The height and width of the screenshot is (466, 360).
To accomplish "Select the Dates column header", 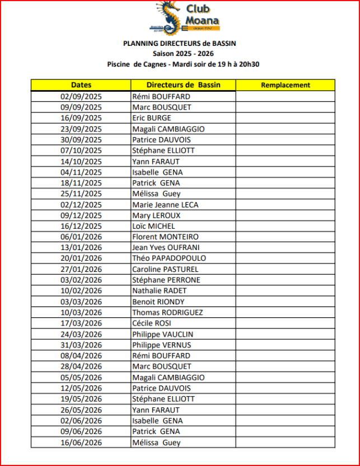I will (x=81, y=85).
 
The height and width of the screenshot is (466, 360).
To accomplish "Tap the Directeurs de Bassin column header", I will (x=183, y=85).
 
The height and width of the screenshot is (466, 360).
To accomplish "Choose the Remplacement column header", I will (x=285, y=85).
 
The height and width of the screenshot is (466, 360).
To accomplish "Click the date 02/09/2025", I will (x=81, y=96).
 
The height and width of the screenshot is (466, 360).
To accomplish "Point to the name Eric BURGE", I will (x=152, y=118).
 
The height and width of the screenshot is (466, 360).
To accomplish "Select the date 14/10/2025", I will (x=81, y=161).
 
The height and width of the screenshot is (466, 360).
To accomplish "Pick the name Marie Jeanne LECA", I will (x=165, y=205).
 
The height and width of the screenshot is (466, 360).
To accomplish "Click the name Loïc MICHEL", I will (x=153, y=226).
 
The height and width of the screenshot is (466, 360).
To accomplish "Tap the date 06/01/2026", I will (x=81, y=237).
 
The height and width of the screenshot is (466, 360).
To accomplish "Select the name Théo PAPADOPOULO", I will (x=169, y=258).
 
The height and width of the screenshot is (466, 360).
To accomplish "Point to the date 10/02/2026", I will (x=81, y=291).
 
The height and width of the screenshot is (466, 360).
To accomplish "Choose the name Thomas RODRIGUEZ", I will (x=167, y=313).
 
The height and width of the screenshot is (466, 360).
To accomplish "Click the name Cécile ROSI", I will (x=152, y=323).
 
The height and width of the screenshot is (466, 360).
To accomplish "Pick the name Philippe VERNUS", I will (x=161, y=345).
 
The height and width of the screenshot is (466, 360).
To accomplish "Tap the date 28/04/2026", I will (x=81, y=366).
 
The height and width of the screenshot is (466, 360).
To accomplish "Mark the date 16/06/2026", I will (x=81, y=443).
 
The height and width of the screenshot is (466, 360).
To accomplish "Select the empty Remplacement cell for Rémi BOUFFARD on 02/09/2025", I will (x=285, y=96).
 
